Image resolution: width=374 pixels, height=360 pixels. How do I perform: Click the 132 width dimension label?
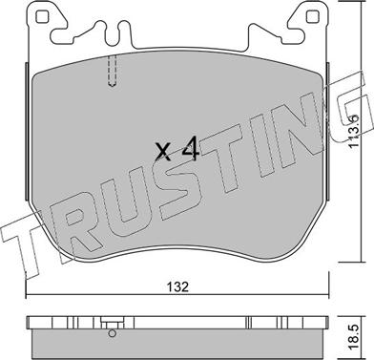pos(176,285)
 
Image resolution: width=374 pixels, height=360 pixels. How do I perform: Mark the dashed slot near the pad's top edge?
pos(114,72)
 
